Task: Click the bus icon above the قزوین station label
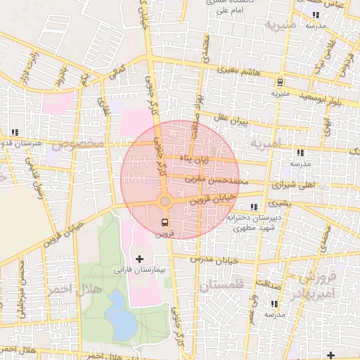165,223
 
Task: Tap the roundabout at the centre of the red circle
165,202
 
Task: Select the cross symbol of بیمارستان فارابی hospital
139,259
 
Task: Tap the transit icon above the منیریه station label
280,82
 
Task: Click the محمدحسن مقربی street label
217,181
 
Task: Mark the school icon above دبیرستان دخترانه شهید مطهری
253,207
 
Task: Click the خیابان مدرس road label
219,259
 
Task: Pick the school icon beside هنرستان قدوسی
15,132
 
